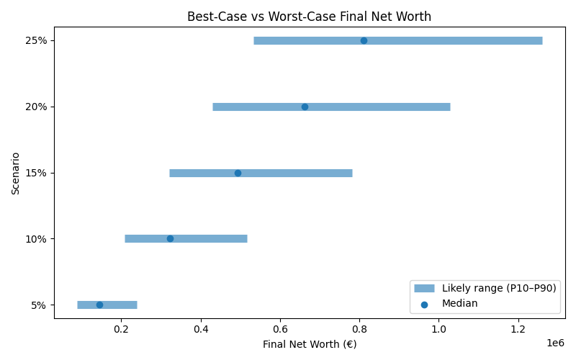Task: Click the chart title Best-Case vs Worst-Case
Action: pyautogui.click(x=309, y=17)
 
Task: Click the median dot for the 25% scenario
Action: pyautogui.click(x=364, y=40)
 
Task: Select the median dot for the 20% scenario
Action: pyautogui.click(x=305, y=107)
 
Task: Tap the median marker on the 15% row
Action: pyautogui.click(x=238, y=173)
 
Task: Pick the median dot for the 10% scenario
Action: pyautogui.click(x=170, y=238)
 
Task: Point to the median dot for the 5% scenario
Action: pyautogui.click(x=99, y=305)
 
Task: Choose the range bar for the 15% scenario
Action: pyautogui.click(x=302, y=173)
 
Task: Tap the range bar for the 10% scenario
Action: pyautogui.click(x=209, y=238)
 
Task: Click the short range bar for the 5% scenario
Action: pyautogui.click(x=122, y=305)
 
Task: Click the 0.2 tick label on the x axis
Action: pyautogui.click(x=121, y=330)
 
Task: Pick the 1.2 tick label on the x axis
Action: pyautogui.click(x=519, y=330)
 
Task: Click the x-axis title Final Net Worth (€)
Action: pyautogui.click(x=309, y=344)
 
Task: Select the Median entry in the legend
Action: pyautogui.click(x=459, y=304)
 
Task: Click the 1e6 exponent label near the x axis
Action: pyautogui.click(x=555, y=343)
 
